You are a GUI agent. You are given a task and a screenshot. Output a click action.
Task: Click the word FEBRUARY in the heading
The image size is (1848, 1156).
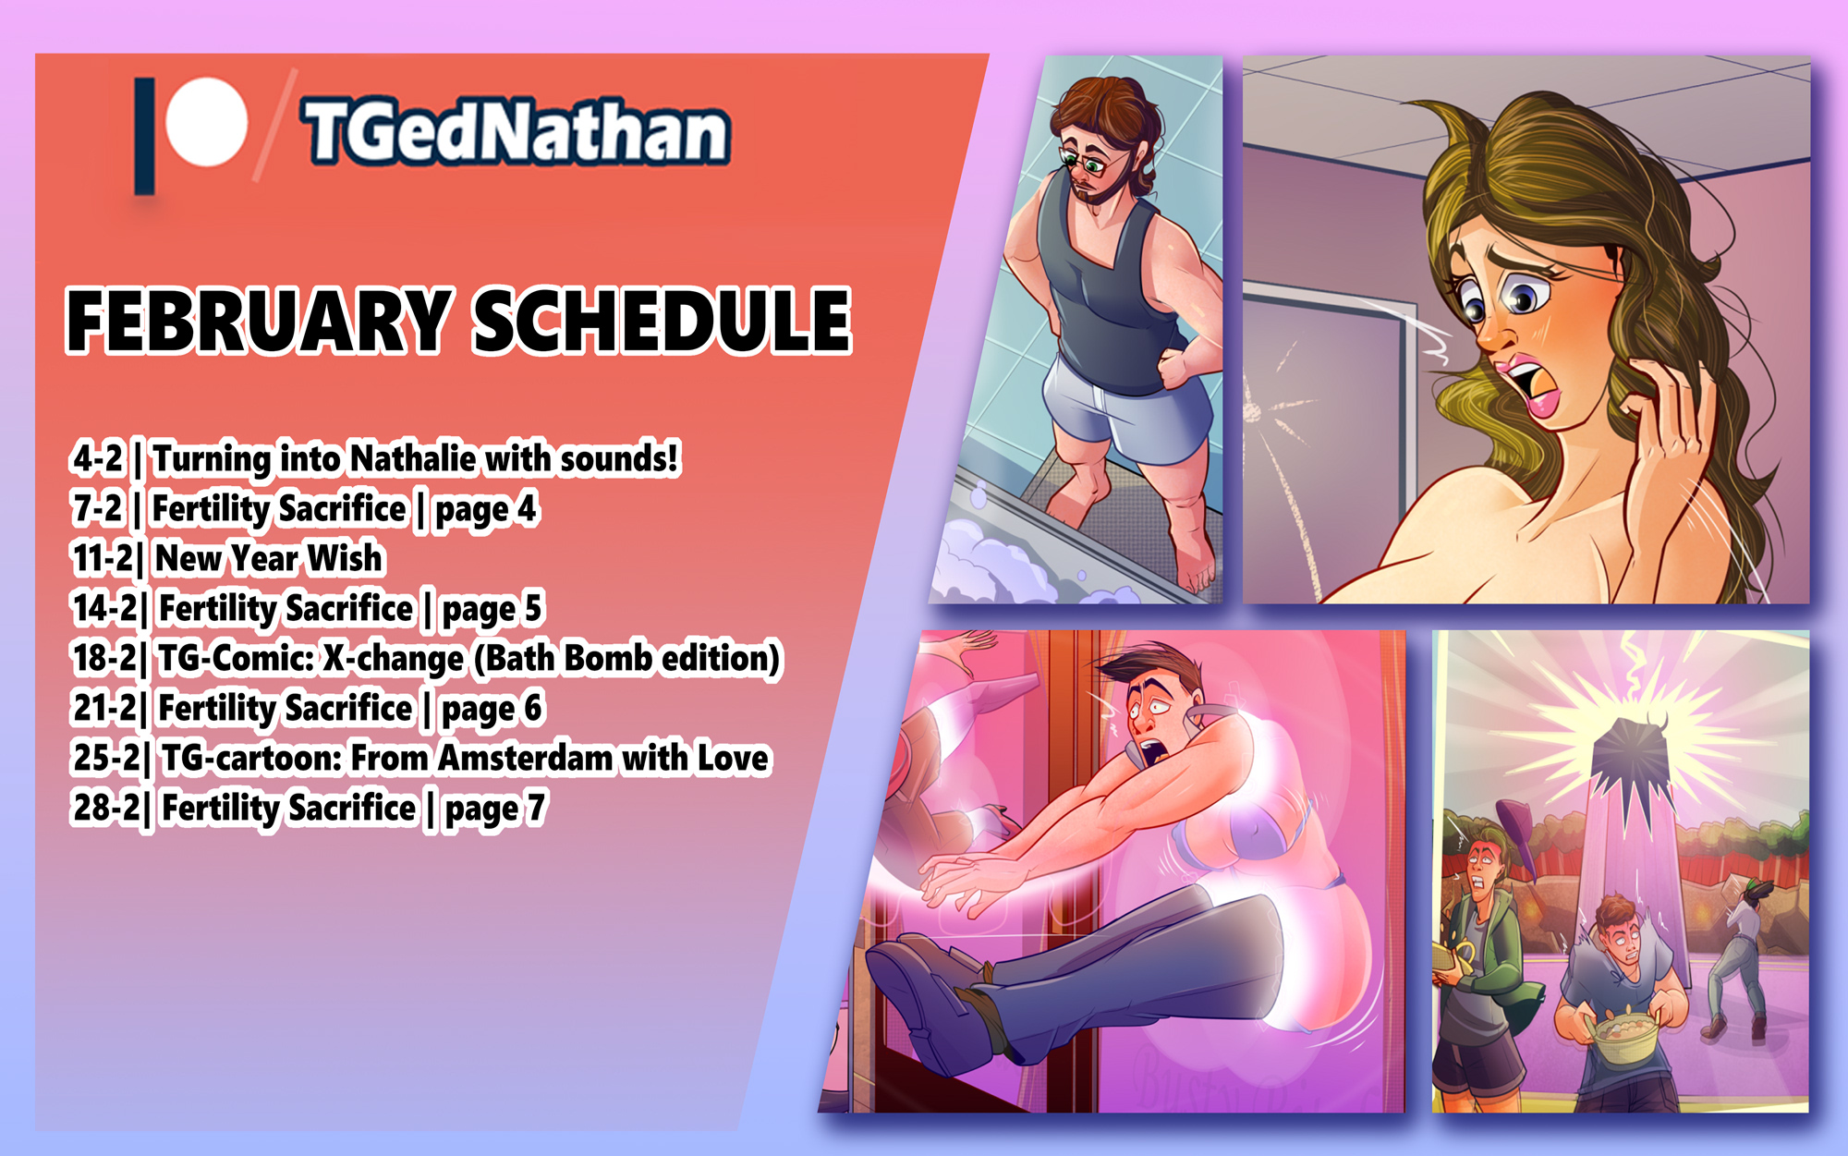[x=259, y=321]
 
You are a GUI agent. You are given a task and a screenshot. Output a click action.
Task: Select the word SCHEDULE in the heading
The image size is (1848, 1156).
[x=663, y=321]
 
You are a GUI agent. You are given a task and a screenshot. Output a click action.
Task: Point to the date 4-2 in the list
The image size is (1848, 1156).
[x=98, y=458]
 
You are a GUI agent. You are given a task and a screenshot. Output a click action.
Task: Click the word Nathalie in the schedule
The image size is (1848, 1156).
[x=413, y=458]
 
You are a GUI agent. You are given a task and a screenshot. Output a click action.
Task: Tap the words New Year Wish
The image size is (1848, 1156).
[x=269, y=558]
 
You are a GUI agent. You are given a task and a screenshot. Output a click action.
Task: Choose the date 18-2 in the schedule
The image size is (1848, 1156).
[x=104, y=658]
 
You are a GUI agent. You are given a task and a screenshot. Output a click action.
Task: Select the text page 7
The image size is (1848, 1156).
[x=495, y=809]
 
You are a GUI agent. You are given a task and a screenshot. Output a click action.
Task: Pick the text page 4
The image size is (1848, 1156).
[x=486, y=509]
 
